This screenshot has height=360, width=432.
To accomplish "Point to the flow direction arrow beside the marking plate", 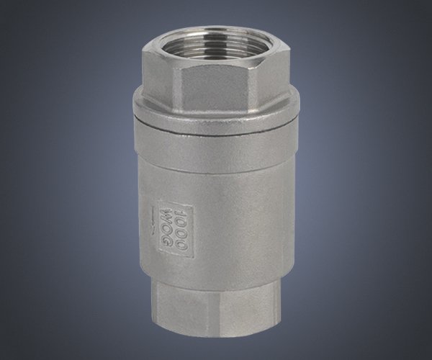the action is (151, 220).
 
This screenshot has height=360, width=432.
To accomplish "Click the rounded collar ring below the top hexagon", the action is (216, 110).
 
